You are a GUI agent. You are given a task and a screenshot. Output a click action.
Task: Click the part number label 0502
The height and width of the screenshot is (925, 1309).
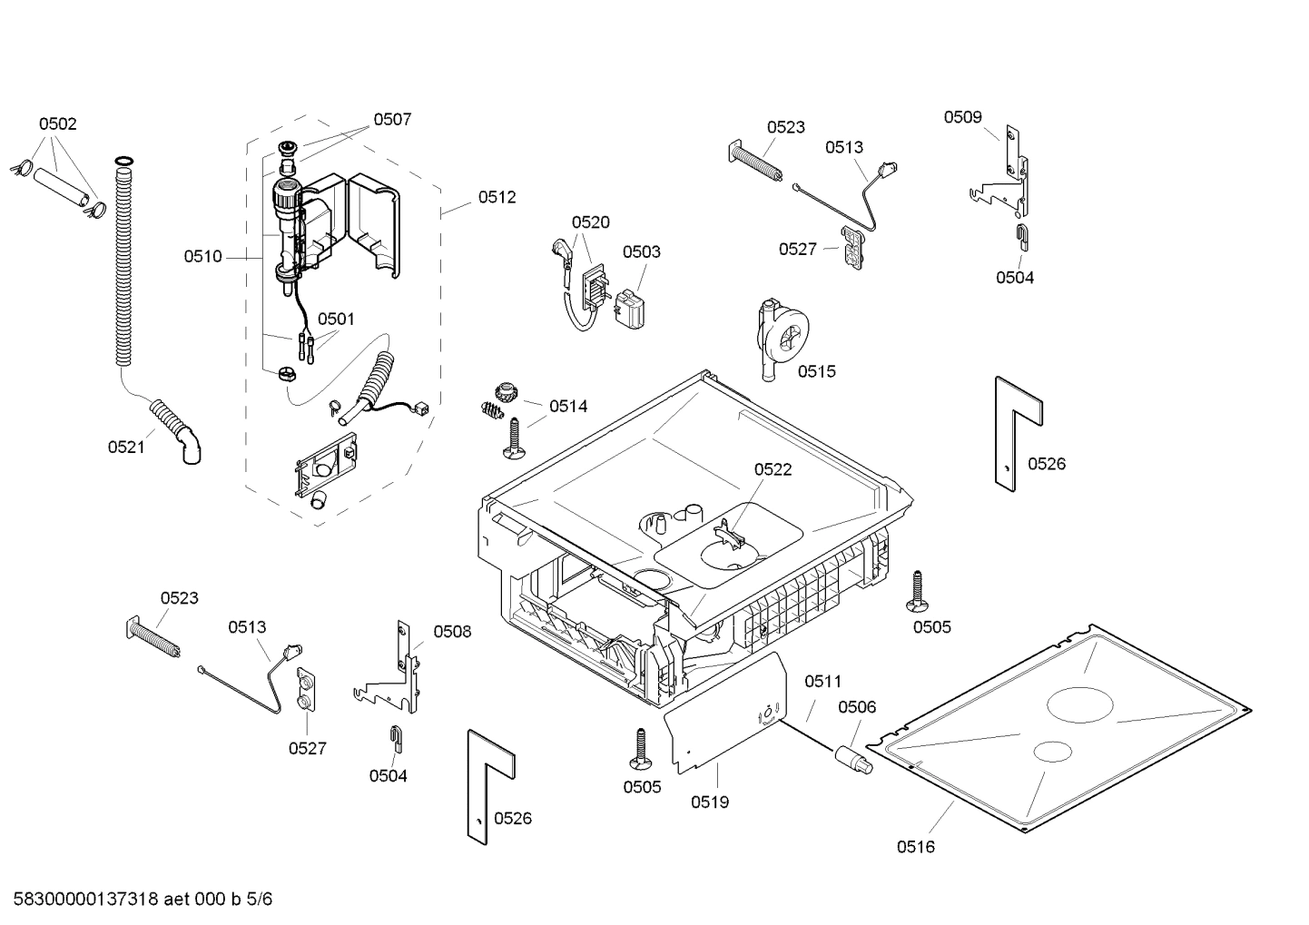(57, 124)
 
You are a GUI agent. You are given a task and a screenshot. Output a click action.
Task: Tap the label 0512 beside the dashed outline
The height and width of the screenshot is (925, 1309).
(497, 197)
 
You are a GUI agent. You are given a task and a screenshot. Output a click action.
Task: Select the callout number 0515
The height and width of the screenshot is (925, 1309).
(817, 371)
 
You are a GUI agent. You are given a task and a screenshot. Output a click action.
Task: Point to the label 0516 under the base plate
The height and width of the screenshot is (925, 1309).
(915, 847)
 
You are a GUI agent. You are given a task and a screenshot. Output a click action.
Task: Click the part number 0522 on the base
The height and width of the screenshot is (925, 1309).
(773, 469)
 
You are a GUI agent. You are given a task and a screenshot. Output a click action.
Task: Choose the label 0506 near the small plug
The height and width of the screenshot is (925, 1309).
(856, 707)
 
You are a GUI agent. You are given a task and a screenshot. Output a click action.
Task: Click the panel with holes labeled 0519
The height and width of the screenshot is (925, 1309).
(726, 723)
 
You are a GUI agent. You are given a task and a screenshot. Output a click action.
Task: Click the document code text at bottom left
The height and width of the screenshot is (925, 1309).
(137, 900)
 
